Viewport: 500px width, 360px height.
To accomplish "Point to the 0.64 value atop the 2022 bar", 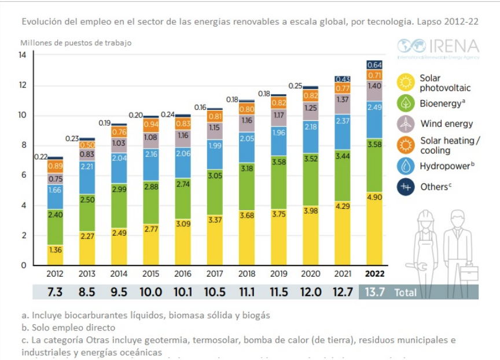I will tap(374, 65).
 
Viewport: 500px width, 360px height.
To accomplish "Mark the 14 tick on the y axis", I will tap(23, 56).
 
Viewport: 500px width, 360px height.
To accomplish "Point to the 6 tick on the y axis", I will tap(24, 175).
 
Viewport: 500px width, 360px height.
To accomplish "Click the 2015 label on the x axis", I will tap(150, 274).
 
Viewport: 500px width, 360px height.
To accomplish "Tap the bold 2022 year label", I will tap(374, 274).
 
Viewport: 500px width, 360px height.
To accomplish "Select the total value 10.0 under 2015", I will tap(150, 292).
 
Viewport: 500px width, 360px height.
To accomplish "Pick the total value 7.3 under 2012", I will tap(55, 292).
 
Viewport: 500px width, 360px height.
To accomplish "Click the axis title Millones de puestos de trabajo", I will tap(76, 43).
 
